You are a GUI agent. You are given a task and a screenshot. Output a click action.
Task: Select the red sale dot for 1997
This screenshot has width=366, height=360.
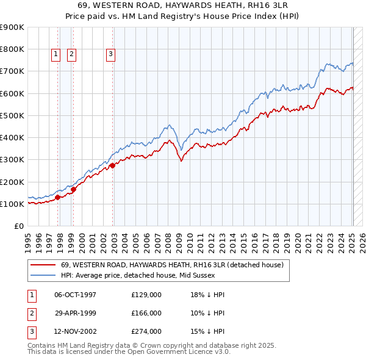[57, 197]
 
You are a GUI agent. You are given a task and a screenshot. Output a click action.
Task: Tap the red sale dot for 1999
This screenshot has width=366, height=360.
[73, 189]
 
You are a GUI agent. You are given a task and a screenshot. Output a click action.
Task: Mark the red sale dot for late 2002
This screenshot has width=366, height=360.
[113, 165]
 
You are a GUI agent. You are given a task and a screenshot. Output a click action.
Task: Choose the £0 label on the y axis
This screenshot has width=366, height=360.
[18, 226]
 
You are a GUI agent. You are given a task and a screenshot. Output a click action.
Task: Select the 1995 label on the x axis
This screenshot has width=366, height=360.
[28, 240]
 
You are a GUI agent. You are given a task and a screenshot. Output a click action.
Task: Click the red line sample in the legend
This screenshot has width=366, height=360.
[43, 265]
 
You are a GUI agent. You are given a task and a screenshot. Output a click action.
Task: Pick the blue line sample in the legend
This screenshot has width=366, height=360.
[43, 275]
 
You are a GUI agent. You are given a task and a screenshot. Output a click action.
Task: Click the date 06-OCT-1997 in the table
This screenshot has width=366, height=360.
[76, 295]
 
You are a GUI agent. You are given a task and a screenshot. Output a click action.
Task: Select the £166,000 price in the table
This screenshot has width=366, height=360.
[146, 313]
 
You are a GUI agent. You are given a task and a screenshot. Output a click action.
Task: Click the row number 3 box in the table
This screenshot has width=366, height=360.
[31, 332]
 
